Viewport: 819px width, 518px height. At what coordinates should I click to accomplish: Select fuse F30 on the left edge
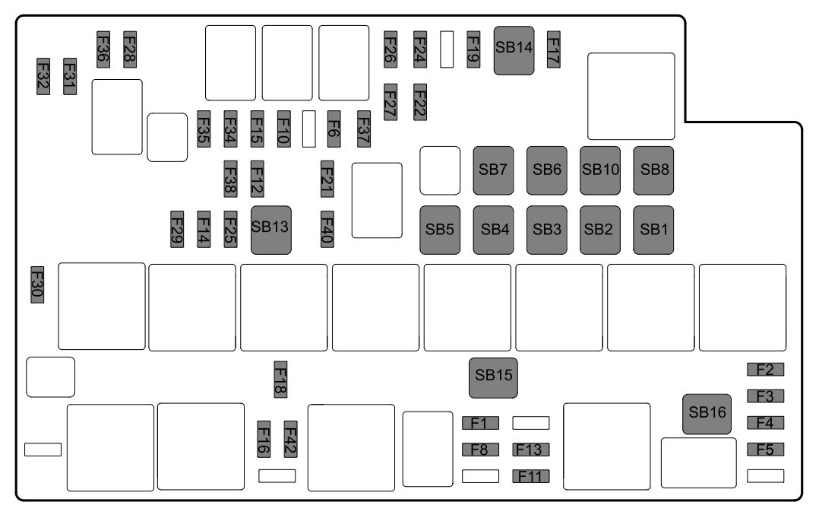(x=37, y=284)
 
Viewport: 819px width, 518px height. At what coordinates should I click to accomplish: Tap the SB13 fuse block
(x=271, y=229)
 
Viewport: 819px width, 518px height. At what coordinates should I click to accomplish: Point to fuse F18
(x=280, y=378)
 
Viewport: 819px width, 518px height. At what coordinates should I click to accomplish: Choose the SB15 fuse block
(x=493, y=377)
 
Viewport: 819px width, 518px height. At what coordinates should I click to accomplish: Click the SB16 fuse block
(x=707, y=414)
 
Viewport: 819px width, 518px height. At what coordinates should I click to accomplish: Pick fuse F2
(x=765, y=370)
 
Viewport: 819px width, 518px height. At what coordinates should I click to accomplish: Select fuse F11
(x=531, y=477)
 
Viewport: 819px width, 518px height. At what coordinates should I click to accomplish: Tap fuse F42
(x=290, y=439)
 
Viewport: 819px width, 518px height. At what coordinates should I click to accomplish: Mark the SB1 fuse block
(x=653, y=230)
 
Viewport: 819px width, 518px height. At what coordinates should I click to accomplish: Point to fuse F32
(x=43, y=76)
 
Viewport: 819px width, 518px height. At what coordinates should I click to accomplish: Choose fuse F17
(x=554, y=49)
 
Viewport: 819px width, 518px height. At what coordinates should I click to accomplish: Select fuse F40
(x=327, y=228)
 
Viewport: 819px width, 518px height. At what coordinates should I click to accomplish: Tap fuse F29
(x=177, y=228)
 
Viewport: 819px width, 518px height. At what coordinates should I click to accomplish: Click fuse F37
(x=363, y=129)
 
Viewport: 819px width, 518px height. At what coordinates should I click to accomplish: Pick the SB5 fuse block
(x=440, y=230)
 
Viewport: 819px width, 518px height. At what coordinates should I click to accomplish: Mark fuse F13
(x=531, y=450)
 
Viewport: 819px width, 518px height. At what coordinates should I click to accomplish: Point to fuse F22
(x=419, y=102)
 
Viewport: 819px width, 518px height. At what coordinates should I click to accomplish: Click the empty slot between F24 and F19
(x=447, y=49)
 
